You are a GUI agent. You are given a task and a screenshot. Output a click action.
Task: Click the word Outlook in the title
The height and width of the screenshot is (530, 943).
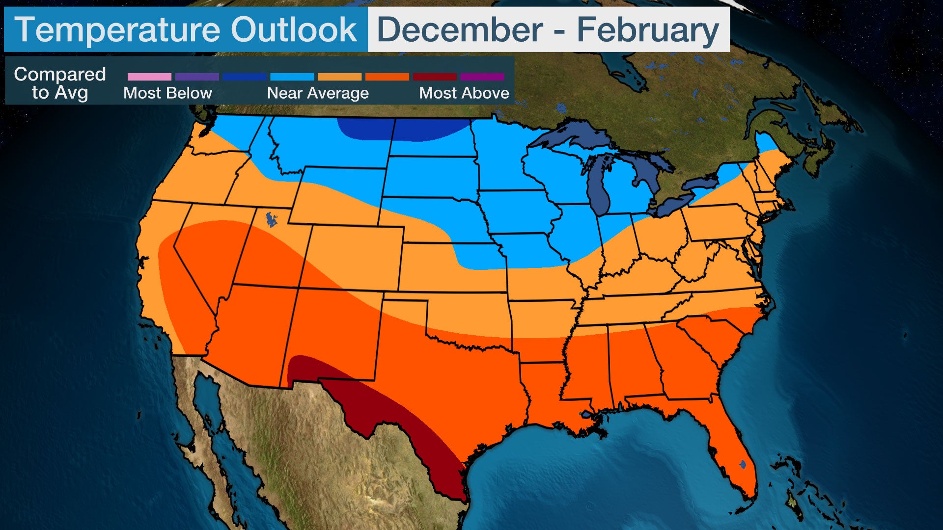294,29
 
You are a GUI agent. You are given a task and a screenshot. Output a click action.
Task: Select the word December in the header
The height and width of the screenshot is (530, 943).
460,29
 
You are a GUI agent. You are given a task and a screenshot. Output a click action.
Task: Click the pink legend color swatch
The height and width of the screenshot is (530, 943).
149,77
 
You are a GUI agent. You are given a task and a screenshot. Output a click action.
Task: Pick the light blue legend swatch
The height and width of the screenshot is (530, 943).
292,77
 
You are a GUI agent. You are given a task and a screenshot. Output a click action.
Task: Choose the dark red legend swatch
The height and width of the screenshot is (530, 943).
435,77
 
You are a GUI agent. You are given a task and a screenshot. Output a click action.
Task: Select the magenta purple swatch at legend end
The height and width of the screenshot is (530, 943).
482,77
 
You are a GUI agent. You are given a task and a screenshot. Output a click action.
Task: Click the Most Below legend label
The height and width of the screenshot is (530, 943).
167,93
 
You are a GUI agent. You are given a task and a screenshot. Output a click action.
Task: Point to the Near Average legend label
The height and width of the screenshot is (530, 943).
318,93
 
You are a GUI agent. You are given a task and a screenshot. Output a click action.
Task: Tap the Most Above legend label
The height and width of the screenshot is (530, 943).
464,93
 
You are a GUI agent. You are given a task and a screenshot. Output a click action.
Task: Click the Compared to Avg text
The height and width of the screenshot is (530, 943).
60,83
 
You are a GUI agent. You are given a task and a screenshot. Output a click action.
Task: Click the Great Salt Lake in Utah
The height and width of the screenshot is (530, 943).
271,219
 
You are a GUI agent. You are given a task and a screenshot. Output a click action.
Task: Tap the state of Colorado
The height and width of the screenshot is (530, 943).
354,258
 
